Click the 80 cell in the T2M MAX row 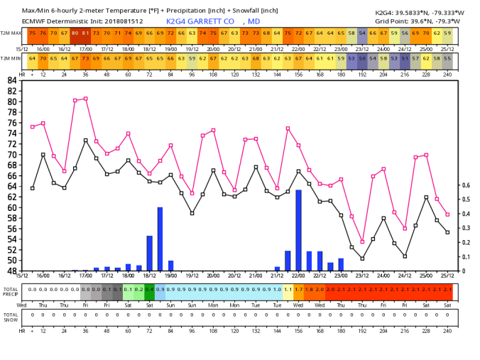[75, 33]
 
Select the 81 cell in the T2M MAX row [86, 33]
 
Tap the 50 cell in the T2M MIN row [362, 58]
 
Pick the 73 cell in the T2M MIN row [86, 58]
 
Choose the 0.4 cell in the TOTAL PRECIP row [149, 290]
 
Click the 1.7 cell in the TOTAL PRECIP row [298, 290]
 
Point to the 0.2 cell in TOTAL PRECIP [138, 290]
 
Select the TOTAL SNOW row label [10, 317]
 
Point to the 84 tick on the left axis [13, 80]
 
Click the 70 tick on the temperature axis [13, 154]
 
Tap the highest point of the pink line [86, 99]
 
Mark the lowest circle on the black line [362, 258]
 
